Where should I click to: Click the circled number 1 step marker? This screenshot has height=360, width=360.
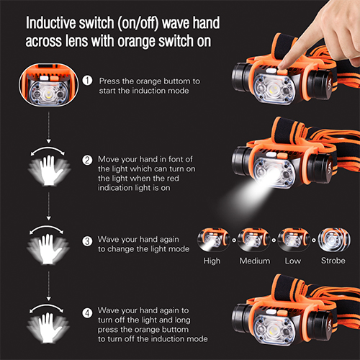(87, 81)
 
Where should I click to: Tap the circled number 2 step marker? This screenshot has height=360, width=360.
(87, 160)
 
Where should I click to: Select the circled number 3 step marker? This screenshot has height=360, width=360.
(87, 241)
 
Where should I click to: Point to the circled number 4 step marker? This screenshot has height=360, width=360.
(87, 313)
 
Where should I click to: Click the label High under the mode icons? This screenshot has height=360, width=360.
(212, 261)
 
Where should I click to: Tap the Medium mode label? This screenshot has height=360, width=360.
(255, 261)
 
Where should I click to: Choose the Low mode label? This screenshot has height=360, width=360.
(293, 261)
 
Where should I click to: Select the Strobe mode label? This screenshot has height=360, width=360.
(333, 261)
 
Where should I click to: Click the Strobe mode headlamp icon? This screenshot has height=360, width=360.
(334, 240)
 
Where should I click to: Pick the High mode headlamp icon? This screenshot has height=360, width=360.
(213, 240)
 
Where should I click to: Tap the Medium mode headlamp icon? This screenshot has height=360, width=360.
(253, 240)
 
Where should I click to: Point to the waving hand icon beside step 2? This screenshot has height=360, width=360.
(49, 170)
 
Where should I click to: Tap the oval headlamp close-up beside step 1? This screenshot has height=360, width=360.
(49, 84)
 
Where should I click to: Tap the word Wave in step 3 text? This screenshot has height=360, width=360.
(108, 239)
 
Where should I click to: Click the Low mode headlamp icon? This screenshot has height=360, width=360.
(294, 240)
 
